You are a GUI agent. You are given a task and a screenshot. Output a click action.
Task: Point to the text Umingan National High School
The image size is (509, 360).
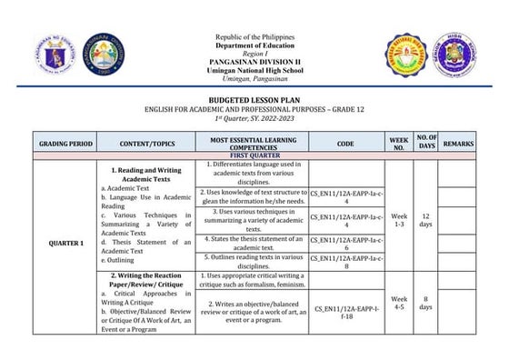254,71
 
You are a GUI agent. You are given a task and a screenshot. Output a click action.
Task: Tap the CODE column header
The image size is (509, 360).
345,144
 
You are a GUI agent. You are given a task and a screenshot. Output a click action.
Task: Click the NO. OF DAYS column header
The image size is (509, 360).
426,144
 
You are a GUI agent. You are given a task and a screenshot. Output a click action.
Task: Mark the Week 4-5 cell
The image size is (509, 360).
398,304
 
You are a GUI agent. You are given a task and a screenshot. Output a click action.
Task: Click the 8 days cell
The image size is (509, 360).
426,304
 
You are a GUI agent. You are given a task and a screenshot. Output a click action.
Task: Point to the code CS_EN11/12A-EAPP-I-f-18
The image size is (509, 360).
345,314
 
